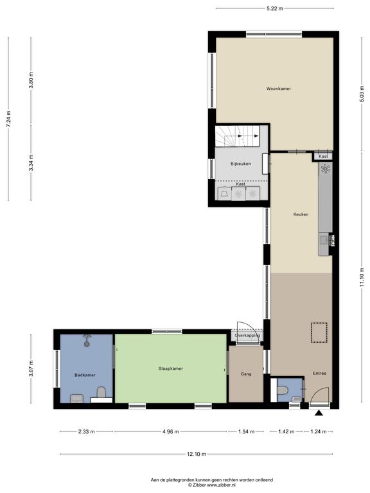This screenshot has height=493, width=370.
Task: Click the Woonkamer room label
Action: [x=278, y=89]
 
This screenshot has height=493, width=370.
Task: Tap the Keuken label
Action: [x=301, y=214]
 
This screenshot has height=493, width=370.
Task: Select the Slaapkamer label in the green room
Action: [x=170, y=368]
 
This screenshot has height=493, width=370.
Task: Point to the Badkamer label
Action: [x=85, y=375]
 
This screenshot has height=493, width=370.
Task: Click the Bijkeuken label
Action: [x=241, y=164]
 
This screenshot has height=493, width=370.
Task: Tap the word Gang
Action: [x=246, y=374]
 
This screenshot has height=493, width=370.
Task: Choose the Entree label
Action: [x=319, y=374]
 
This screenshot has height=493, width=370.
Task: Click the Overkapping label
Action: [x=247, y=336]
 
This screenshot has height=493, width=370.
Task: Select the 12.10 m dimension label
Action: [x=197, y=454]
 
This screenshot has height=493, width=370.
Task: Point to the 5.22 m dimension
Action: [x=275, y=8]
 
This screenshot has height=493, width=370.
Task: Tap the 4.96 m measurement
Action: [x=170, y=431]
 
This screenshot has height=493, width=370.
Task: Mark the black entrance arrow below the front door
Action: [x=319, y=413]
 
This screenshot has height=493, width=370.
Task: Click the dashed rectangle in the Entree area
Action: [x=319, y=333]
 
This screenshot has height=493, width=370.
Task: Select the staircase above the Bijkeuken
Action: [x=237, y=136]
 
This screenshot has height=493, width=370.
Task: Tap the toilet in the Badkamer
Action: [x=101, y=392]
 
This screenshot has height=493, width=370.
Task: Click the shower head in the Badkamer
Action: [x=87, y=342]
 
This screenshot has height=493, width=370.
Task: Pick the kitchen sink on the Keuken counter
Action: [x=323, y=241]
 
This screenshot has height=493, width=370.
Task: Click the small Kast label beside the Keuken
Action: [x=323, y=156]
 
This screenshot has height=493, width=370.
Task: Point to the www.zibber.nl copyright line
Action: [x=211, y=485]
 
